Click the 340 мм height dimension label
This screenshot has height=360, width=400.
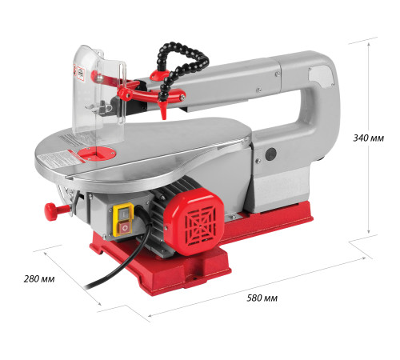point(369,138)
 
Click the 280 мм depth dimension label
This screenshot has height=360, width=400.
point(39,279)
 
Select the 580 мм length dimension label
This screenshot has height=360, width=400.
point(262,298)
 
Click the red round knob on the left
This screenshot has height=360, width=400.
point(51,211)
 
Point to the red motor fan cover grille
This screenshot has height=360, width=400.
point(201,223)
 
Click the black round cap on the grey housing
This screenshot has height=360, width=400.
point(271,154)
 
